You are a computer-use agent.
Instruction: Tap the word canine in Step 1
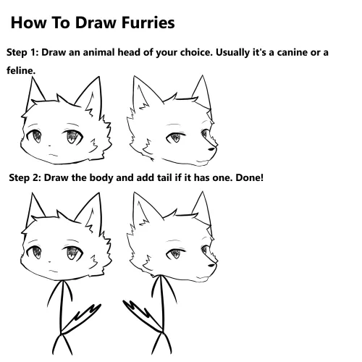point(287,53)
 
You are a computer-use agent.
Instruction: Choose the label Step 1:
point(26,53)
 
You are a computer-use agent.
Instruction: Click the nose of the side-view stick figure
point(212,266)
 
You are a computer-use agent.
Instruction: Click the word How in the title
point(28,23)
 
